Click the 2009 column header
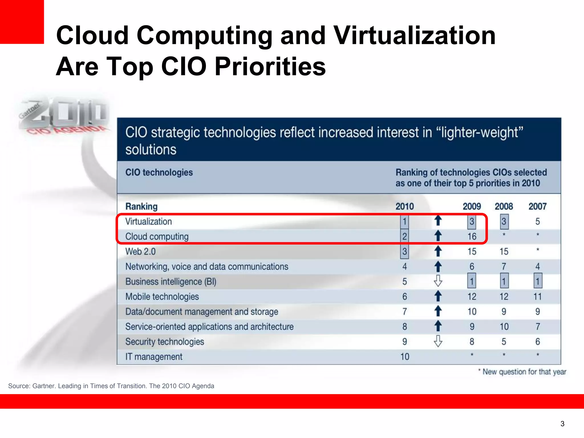pos(472,206)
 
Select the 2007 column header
pos(537,206)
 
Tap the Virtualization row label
pos(149,222)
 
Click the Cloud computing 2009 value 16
pos(472,236)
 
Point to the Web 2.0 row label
pos(141,252)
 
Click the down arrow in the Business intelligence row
pos(438,281)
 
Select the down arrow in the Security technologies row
pos(438,341)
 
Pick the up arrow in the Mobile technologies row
pos(438,296)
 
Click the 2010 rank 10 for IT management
pos(405,356)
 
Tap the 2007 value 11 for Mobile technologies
pos(537,297)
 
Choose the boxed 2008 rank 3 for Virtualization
pos(504,222)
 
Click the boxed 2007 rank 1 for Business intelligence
pos(537,281)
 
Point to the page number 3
pos(562,424)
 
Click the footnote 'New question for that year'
pos(524,372)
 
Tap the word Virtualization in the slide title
pos(414,35)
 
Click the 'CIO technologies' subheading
pos(159,173)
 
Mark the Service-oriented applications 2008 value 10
pos(504,327)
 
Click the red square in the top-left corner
pos(22,22)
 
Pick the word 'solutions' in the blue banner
pos(151,150)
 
